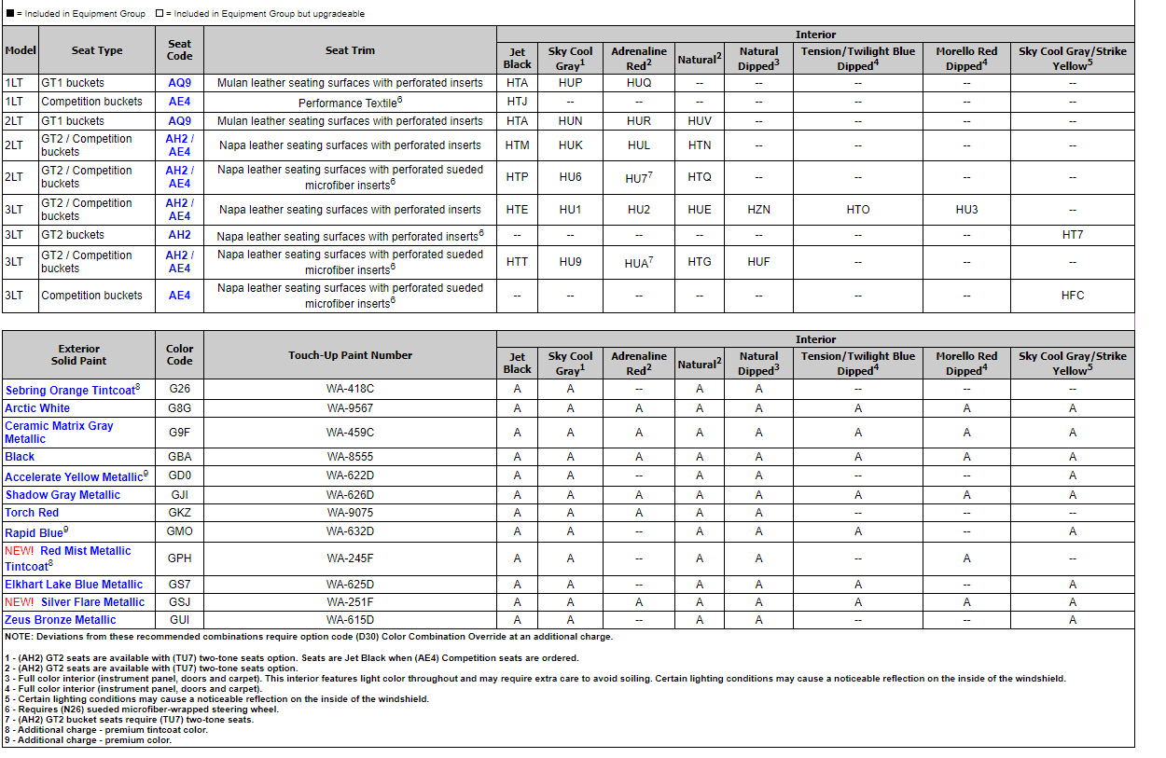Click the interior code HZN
pyautogui.click(x=758, y=210)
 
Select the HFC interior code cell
pyautogui.click(x=1072, y=296)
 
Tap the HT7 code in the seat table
pyautogui.click(x=1072, y=235)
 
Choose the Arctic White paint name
pyautogui.click(x=37, y=408)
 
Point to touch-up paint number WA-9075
pyautogui.click(x=350, y=513)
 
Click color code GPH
pyautogui.click(x=179, y=558)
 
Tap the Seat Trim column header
pyautogui.click(x=350, y=50)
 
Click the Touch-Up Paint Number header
pyautogui.click(x=350, y=355)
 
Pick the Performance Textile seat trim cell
pyautogui.click(x=350, y=102)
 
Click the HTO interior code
pyautogui.click(x=857, y=210)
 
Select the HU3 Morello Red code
pyautogui.click(x=966, y=210)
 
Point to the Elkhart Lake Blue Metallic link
pyautogui.click(x=74, y=585)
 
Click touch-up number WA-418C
pyautogui.click(x=350, y=389)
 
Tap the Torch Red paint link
pyautogui.click(x=32, y=513)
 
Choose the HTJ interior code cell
pyautogui.click(x=517, y=102)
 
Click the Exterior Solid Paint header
pyautogui.click(x=78, y=355)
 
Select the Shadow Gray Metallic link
pyautogui.click(x=62, y=495)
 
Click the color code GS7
pyautogui.click(x=179, y=585)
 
